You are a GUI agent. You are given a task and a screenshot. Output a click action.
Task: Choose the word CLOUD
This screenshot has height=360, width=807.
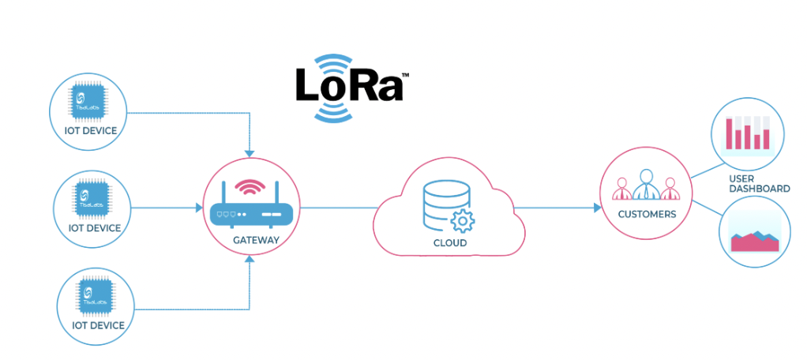click(x=449, y=243)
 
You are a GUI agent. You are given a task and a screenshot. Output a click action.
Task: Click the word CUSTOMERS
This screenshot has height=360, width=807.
click(x=647, y=214)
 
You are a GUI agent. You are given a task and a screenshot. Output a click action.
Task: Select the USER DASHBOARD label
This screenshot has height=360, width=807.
click(x=759, y=184)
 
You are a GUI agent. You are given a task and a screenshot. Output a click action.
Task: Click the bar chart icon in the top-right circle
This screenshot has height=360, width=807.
click(x=747, y=133)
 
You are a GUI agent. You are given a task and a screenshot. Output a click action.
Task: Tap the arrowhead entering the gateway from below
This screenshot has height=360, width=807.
click(x=250, y=266)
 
